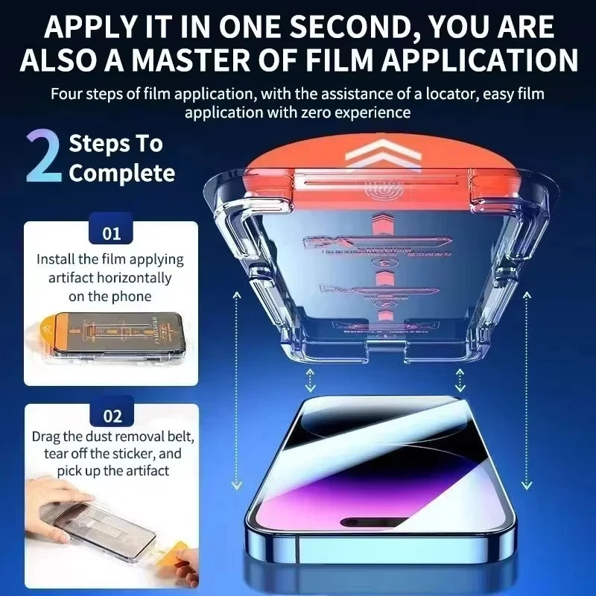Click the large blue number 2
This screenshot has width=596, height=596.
click(43, 157)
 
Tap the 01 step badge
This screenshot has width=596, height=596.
click(111, 233)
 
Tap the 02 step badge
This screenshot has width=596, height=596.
click(111, 416)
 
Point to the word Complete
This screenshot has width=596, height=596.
click(122, 174)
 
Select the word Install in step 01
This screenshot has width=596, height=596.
click(57, 260)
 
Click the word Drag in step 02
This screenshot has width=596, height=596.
click(46, 436)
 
